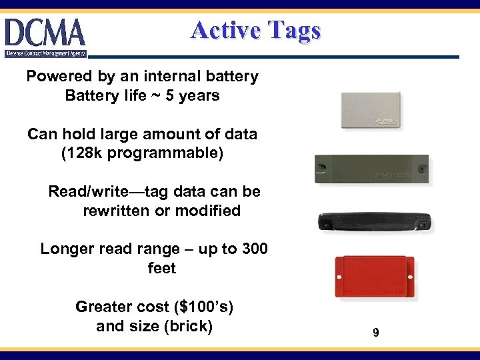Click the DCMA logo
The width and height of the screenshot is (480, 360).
(45, 33)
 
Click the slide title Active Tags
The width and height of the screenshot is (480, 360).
(255, 31)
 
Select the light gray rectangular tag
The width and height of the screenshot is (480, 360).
(370, 111)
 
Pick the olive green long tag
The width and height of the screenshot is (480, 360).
(371, 169)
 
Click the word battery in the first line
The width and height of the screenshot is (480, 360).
(231, 76)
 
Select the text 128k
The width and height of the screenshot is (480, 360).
(84, 153)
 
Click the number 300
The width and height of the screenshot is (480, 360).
(254, 249)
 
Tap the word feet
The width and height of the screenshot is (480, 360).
(161, 269)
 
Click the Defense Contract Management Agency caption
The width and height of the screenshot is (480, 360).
(45, 53)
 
